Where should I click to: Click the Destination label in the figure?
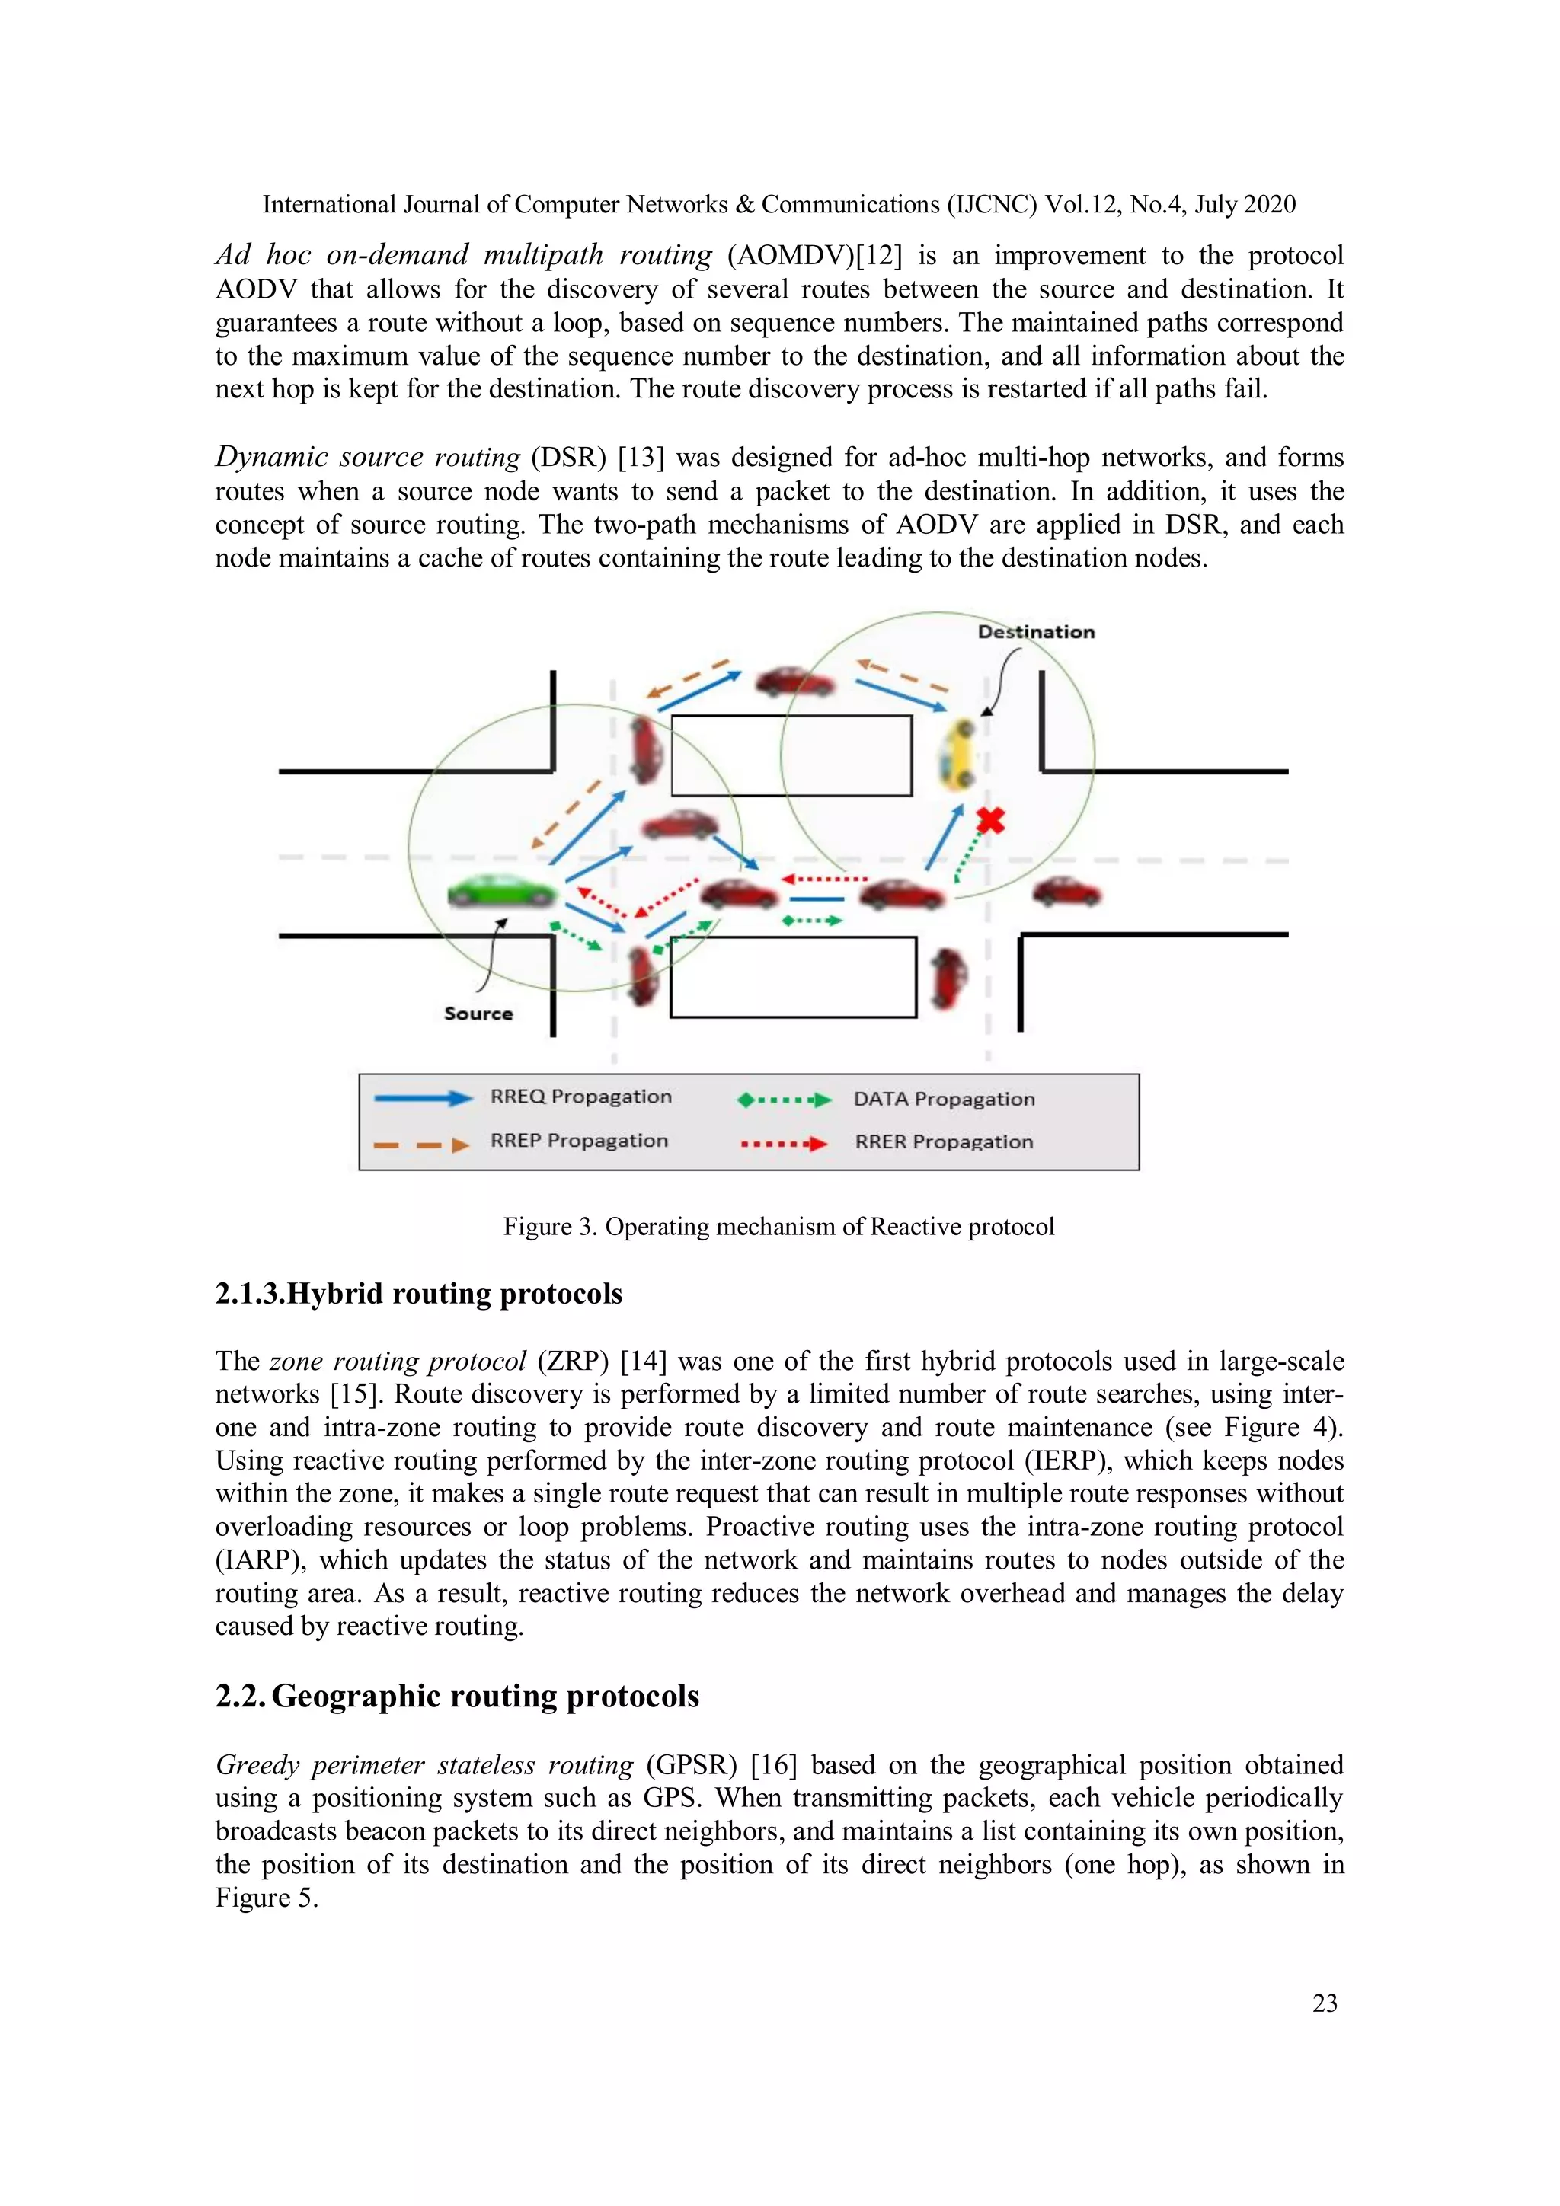tap(1036, 632)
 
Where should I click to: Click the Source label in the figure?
tap(478, 1013)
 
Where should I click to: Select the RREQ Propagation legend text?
tap(580, 1097)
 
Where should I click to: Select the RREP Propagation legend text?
tap(579, 1141)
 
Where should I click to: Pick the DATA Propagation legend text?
tap(943, 1099)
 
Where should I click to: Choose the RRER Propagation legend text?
tap(943, 1141)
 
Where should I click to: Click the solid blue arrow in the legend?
tap(423, 1098)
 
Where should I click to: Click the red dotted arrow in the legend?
tap(783, 1143)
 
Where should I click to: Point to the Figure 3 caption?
tap(778, 1227)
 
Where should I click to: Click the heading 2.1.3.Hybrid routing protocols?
tap(418, 1295)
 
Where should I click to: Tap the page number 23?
tap(1324, 2003)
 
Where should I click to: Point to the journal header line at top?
tap(778, 205)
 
